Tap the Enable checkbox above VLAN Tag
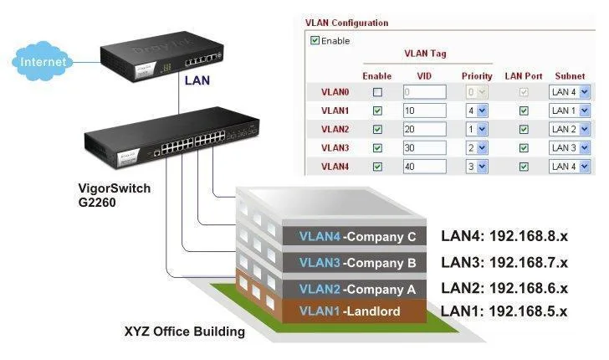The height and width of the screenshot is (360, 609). click(315, 40)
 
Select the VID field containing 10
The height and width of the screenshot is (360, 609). click(424, 111)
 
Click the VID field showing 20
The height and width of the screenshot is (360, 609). click(424, 129)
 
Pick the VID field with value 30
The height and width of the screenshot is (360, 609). click(424, 148)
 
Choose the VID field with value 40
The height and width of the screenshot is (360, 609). click(424, 167)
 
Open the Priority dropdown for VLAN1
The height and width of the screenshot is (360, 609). click(476, 111)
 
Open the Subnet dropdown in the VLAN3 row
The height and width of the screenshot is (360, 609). click(570, 148)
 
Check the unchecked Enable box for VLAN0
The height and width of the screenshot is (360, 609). click(377, 91)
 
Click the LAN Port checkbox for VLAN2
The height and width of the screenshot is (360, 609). click(524, 129)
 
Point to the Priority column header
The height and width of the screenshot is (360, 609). click(477, 76)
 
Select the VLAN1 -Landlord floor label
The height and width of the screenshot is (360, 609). click(350, 311)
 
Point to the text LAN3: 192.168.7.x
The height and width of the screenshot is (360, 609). click(504, 262)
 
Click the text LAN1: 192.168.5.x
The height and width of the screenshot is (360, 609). click(504, 311)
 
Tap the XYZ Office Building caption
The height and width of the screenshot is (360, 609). click(184, 332)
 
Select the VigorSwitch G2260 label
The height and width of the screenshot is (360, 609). click(109, 195)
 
